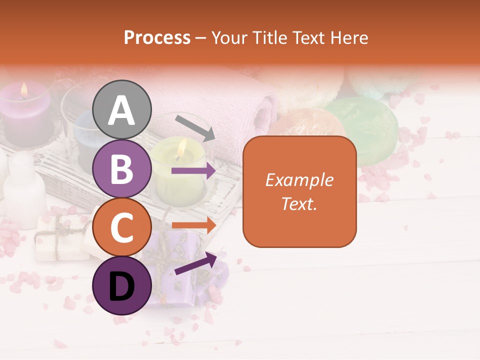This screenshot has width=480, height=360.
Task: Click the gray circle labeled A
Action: (122, 110)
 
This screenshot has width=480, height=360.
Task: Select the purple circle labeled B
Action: (122, 168)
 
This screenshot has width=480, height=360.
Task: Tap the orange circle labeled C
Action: (122, 227)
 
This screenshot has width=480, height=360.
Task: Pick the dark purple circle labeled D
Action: (122, 285)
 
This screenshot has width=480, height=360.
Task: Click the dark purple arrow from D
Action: (195, 263)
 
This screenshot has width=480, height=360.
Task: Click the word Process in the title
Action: (157, 37)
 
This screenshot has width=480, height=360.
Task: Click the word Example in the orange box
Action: (299, 180)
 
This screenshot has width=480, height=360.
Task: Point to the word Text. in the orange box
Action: (299, 203)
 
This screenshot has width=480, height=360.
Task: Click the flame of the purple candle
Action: (23, 90)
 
